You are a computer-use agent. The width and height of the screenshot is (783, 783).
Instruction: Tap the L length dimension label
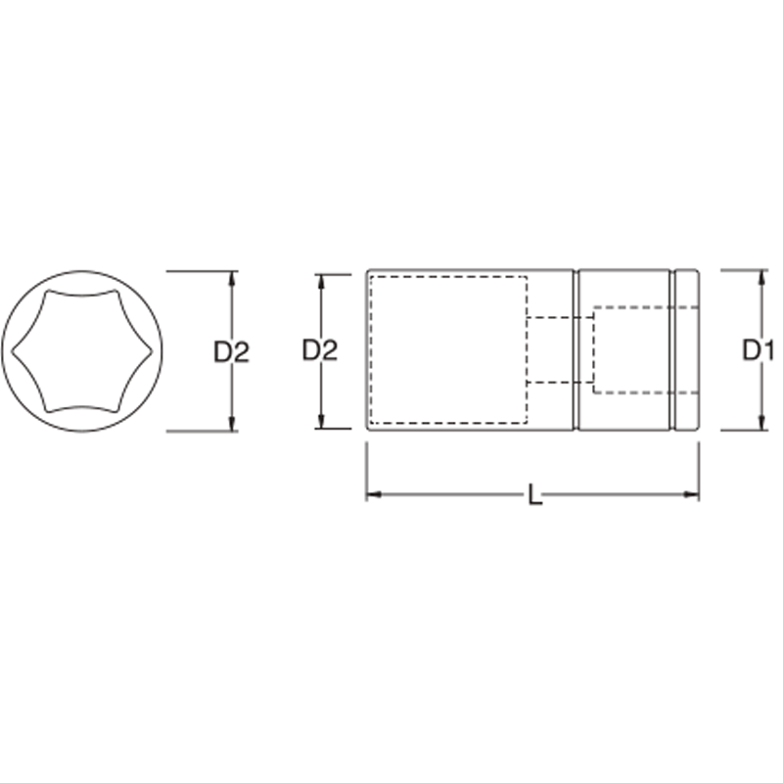pyautogui.click(x=534, y=496)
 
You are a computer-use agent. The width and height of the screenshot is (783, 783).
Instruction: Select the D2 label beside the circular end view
pyautogui.click(x=232, y=350)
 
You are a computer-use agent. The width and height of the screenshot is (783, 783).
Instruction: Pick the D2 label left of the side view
pyautogui.click(x=319, y=350)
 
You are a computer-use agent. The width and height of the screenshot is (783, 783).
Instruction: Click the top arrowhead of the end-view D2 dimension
pyautogui.click(x=232, y=278)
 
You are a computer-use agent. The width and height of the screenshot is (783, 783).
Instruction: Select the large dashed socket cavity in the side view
pyautogui.click(x=449, y=350)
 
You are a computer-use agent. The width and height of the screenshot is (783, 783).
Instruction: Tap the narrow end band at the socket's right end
pyautogui.click(x=687, y=350)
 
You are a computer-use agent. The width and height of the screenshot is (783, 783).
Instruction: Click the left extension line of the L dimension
pyautogui.click(x=367, y=470)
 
